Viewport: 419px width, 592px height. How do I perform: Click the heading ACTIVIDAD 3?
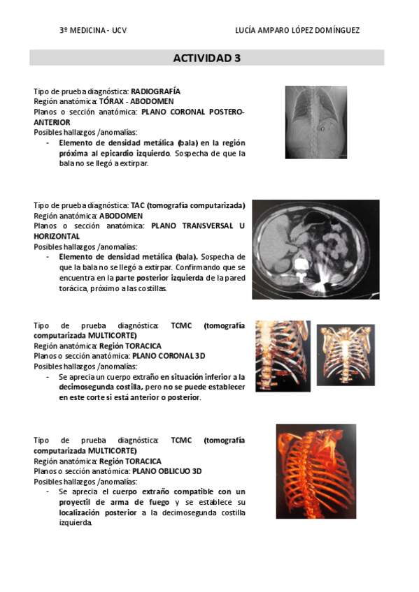[206, 58]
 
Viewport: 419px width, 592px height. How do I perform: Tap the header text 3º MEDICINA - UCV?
[93, 30]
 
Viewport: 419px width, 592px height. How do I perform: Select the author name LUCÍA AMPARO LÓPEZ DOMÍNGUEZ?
[299, 30]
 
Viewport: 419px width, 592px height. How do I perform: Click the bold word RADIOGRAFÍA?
[155, 91]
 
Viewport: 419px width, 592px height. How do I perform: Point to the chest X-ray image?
[316, 122]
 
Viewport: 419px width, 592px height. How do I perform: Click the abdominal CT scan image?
[315, 249]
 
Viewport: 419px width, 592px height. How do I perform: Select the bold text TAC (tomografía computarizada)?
[187, 206]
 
